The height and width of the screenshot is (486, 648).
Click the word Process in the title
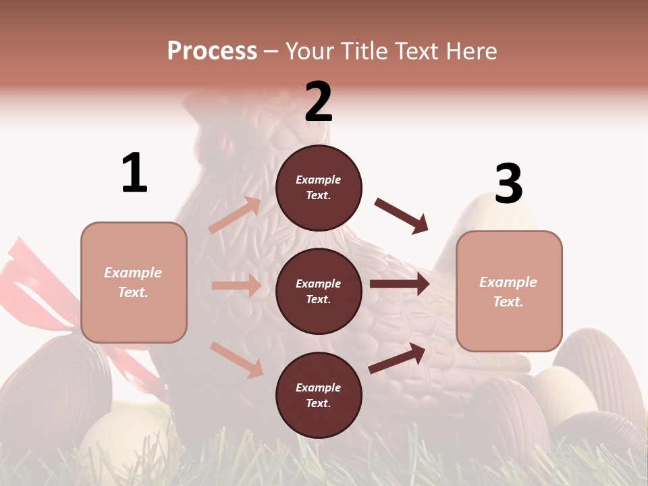coord(212,51)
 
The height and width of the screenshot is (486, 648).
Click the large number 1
coord(134,173)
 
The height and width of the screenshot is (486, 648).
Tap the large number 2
coord(319,102)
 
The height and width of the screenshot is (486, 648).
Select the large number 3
coord(508,184)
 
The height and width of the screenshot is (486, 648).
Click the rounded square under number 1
coord(134,282)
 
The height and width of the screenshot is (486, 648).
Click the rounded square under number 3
coord(508,291)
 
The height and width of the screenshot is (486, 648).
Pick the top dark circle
coord(319,188)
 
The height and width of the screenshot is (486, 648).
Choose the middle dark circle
coord(319,291)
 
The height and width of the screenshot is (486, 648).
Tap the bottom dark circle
coord(319,395)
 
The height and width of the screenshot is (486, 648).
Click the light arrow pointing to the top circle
coord(234,215)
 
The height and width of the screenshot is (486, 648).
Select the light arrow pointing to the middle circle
coord(236,286)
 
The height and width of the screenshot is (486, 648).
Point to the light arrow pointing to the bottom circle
coord(236,359)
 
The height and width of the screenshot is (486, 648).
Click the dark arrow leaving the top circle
coord(402,215)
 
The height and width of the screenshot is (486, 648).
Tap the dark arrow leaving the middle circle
coord(399,284)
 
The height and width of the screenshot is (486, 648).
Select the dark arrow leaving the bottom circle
coord(397,358)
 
